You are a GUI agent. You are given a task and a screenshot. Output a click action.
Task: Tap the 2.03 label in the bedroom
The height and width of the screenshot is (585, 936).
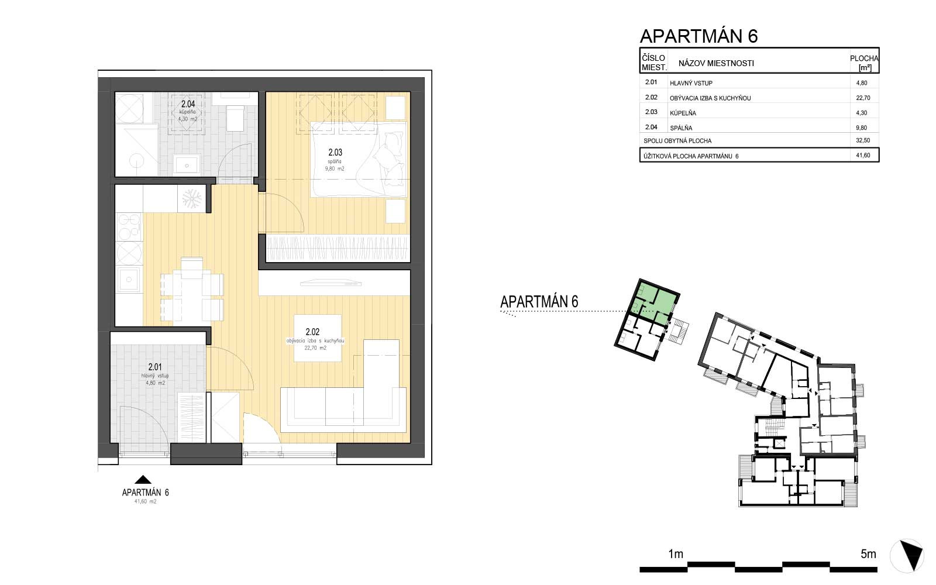[x=335, y=154]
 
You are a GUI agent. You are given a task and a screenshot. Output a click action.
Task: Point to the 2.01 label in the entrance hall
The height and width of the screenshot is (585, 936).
[x=155, y=367]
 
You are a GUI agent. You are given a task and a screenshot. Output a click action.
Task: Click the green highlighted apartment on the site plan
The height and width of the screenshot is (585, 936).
[x=655, y=299]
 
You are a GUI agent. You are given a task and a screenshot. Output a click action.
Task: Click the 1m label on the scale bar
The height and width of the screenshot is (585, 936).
[x=676, y=554]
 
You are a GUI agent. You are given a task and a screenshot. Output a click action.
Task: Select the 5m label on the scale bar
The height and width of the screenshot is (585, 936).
[x=868, y=554]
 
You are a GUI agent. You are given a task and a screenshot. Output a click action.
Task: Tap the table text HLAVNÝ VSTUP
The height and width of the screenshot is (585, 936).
[x=691, y=84]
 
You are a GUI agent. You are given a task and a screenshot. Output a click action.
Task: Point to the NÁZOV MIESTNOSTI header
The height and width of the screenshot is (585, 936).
[x=716, y=63]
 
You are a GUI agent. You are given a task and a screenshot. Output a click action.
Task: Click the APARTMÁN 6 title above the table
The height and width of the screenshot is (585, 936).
[x=699, y=36]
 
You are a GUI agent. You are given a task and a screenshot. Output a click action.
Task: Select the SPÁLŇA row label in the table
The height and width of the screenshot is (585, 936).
[x=682, y=128]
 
